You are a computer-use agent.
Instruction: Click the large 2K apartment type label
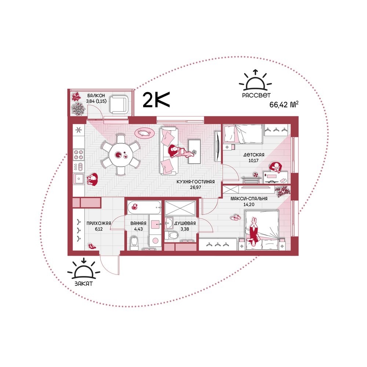coord(156,100)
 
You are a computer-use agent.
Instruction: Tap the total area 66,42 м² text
coord(284,104)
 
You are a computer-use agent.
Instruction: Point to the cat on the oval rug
coord(144,133)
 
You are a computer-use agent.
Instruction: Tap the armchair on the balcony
coord(119,104)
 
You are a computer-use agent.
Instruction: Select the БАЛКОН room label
coord(96,95)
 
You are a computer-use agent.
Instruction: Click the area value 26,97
coord(196,187)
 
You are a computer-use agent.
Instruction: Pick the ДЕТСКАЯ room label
coord(254,155)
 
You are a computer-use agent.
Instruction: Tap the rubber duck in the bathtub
coord(134,206)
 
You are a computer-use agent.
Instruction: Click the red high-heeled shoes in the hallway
coord(92,246)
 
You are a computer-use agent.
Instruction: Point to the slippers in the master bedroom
coord(236,217)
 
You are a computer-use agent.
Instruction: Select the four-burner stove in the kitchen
coord(79,155)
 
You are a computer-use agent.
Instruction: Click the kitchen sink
coord(79,179)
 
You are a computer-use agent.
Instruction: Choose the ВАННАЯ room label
coord(138,223)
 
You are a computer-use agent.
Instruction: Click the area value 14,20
coord(249,204)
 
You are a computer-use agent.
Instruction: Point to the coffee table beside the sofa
coord(194,152)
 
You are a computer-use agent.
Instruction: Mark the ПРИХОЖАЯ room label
coord(99,223)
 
